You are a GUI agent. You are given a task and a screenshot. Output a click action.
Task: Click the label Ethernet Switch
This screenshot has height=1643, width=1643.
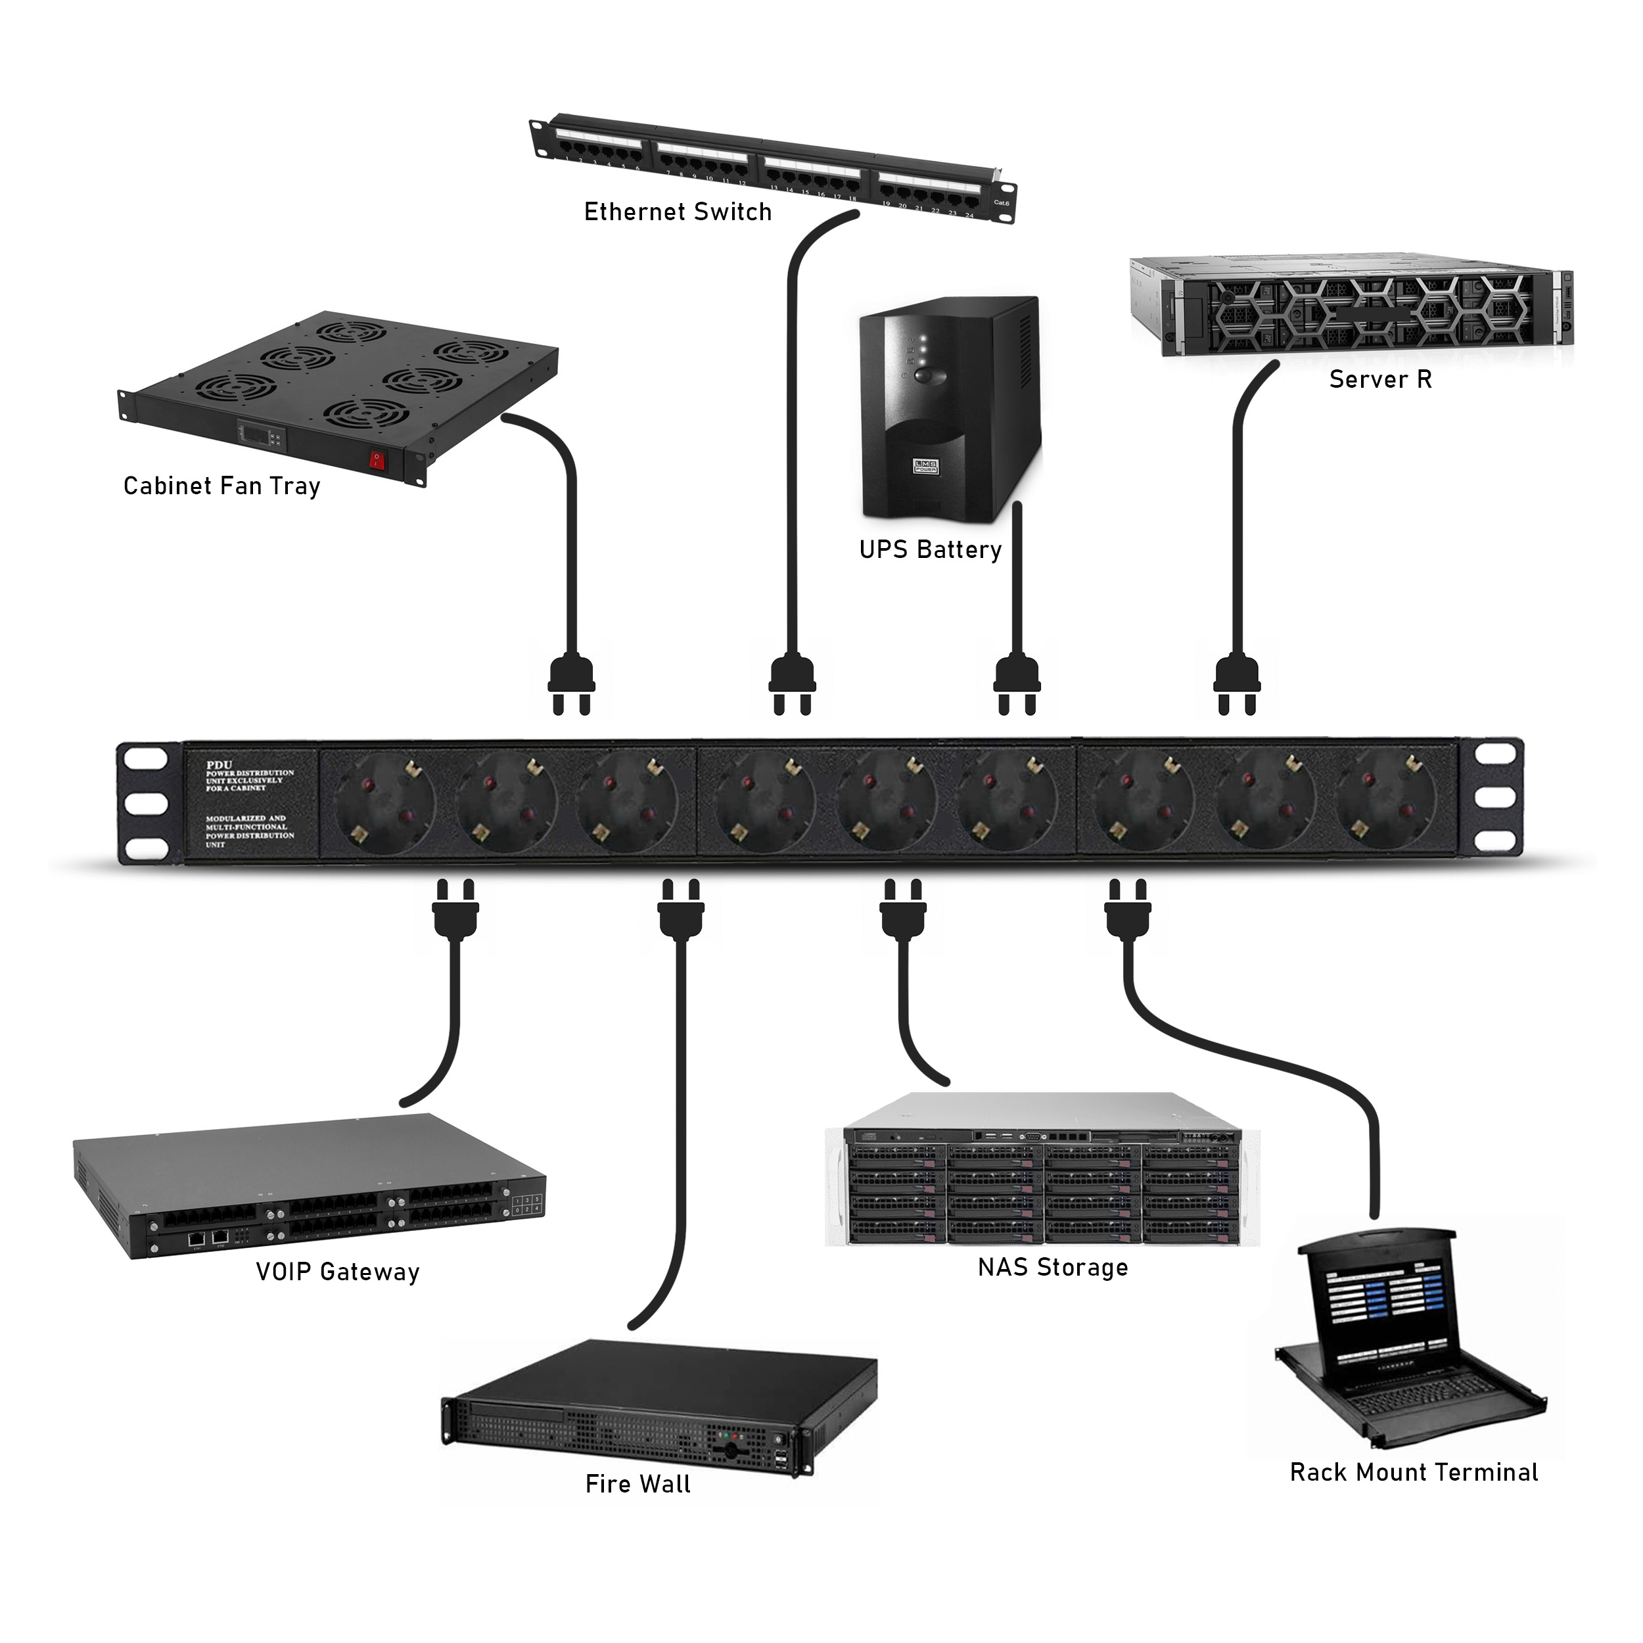[678, 212]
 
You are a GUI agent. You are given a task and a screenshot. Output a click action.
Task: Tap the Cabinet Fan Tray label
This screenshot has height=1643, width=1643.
[222, 486]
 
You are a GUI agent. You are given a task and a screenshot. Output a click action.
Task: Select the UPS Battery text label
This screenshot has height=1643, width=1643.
[931, 550]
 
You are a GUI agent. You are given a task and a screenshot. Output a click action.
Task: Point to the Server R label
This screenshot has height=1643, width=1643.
[1380, 379]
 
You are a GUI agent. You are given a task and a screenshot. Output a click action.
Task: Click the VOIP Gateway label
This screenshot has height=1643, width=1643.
[338, 1272]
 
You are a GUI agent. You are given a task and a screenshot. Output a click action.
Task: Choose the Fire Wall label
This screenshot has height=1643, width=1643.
[637, 1484]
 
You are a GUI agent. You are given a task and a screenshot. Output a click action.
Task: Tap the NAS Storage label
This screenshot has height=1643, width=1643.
[1053, 1268]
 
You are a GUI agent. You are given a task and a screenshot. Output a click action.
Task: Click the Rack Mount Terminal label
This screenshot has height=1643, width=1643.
[1414, 1472]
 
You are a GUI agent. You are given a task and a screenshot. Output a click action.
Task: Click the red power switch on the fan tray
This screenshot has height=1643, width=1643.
[377, 461]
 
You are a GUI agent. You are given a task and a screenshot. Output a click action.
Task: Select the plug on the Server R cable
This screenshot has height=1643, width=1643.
[1238, 683]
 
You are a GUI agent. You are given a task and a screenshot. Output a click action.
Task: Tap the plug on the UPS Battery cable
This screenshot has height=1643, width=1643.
[1017, 683]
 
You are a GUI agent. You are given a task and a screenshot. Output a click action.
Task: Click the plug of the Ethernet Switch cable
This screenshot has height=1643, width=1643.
[793, 683]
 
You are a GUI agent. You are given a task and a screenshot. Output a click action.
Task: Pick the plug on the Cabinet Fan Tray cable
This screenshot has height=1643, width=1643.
[572, 683]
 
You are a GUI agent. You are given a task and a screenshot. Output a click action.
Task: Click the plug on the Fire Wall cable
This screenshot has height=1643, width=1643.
[681, 912]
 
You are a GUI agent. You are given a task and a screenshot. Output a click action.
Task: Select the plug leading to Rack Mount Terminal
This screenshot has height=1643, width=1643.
[1128, 912]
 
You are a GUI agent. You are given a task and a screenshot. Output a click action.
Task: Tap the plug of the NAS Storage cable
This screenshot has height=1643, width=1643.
[903, 912]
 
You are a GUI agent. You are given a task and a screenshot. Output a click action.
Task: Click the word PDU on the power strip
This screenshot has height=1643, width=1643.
[219, 764]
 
